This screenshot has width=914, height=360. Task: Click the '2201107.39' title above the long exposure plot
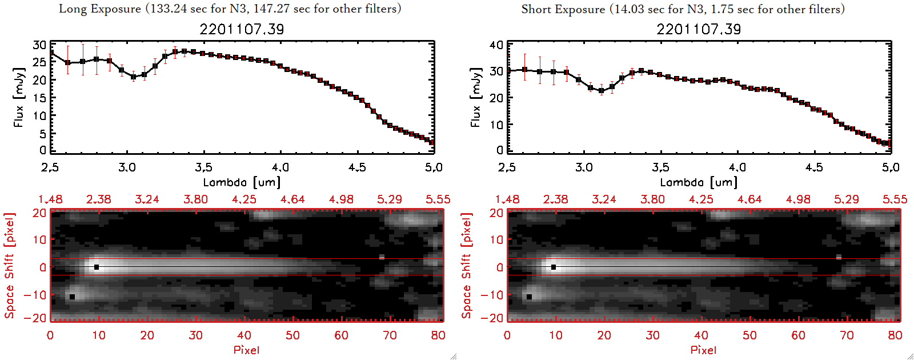pyautogui.click(x=242, y=29)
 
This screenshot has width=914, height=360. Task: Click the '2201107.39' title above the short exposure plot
pyautogui.click(x=699, y=29)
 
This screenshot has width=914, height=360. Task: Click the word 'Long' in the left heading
pyautogui.click(x=72, y=9)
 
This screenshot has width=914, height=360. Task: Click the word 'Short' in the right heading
pyautogui.click(x=536, y=9)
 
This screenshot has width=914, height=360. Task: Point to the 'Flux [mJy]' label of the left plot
pyautogui.click(x=19, y=97)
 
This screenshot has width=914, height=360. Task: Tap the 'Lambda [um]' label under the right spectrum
pyautogui.click(x=699, y=182)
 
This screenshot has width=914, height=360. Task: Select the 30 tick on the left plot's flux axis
pyautogui.click(x=39, y=45)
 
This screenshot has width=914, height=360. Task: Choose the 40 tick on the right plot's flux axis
pyautogui.click(x=496, y=45)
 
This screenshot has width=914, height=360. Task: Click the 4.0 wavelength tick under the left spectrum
pyautogui.click(x=280, y=167)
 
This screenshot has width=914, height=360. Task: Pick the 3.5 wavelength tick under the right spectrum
pyautogui.click(x=660, y=167)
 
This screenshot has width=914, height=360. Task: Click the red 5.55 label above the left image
pyautogui.click(x=438, y=199)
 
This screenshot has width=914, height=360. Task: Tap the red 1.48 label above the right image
pyautogui.click(x=507, y=199)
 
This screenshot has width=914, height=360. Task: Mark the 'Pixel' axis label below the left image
pyautogui.click(x=246, y=350)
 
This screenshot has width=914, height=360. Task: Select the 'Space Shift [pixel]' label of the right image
pyautogui.click(x=467, y=266)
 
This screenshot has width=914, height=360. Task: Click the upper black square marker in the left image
pyautogui.click(x=97, y=267)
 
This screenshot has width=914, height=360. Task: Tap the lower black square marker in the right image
pyautogui.click(x=529, y=297)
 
